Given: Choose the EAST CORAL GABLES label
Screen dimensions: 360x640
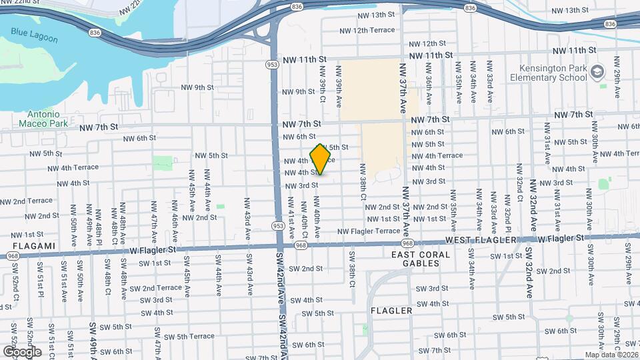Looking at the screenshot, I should (x=421, y=259).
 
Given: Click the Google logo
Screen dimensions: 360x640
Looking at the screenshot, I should (x=22, y=351).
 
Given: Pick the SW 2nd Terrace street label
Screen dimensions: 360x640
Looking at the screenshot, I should (x=155, y=288).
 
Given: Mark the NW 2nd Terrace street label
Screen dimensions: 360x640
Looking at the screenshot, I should (x=26, y=201).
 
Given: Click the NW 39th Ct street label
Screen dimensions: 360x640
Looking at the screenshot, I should (x=322, y=83).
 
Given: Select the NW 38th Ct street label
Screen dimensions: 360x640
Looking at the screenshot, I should (x=363, y=182).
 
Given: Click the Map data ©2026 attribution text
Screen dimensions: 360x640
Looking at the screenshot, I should (x=611, y=355).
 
